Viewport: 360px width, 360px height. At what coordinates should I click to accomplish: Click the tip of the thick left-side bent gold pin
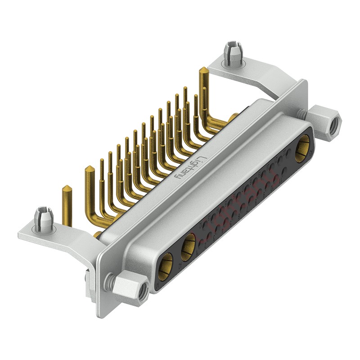point(89,170)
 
